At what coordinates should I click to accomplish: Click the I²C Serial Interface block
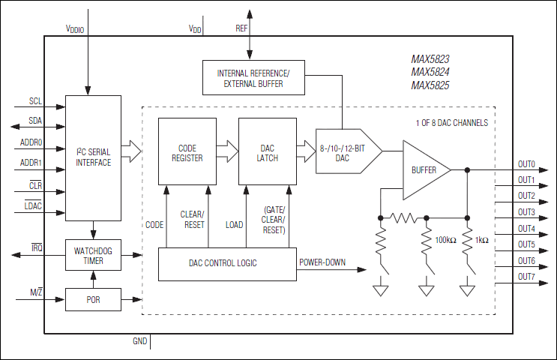(x=93, y=157)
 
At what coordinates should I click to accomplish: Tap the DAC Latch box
(x=268, y=152)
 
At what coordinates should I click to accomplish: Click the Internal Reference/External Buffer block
(x=253, y=78)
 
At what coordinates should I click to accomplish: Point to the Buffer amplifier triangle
(x=424, y=170)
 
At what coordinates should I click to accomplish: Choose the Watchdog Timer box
(x=93, y=256)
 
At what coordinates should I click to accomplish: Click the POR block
(x=93, y=299)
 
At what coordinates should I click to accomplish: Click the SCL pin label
(x=35, y=100)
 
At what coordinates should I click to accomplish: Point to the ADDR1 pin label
(x=31, y=162)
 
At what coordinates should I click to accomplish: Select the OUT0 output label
(x=526, y=164)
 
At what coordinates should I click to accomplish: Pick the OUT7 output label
(x=526, y=277)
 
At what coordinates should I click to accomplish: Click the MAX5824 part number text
(x=430, y=72)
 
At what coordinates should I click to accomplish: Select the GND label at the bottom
(x=139, y=341)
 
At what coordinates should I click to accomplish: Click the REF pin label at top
(x=241, y=28)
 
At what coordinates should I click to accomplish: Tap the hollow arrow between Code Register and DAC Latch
(x=228, y=152)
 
